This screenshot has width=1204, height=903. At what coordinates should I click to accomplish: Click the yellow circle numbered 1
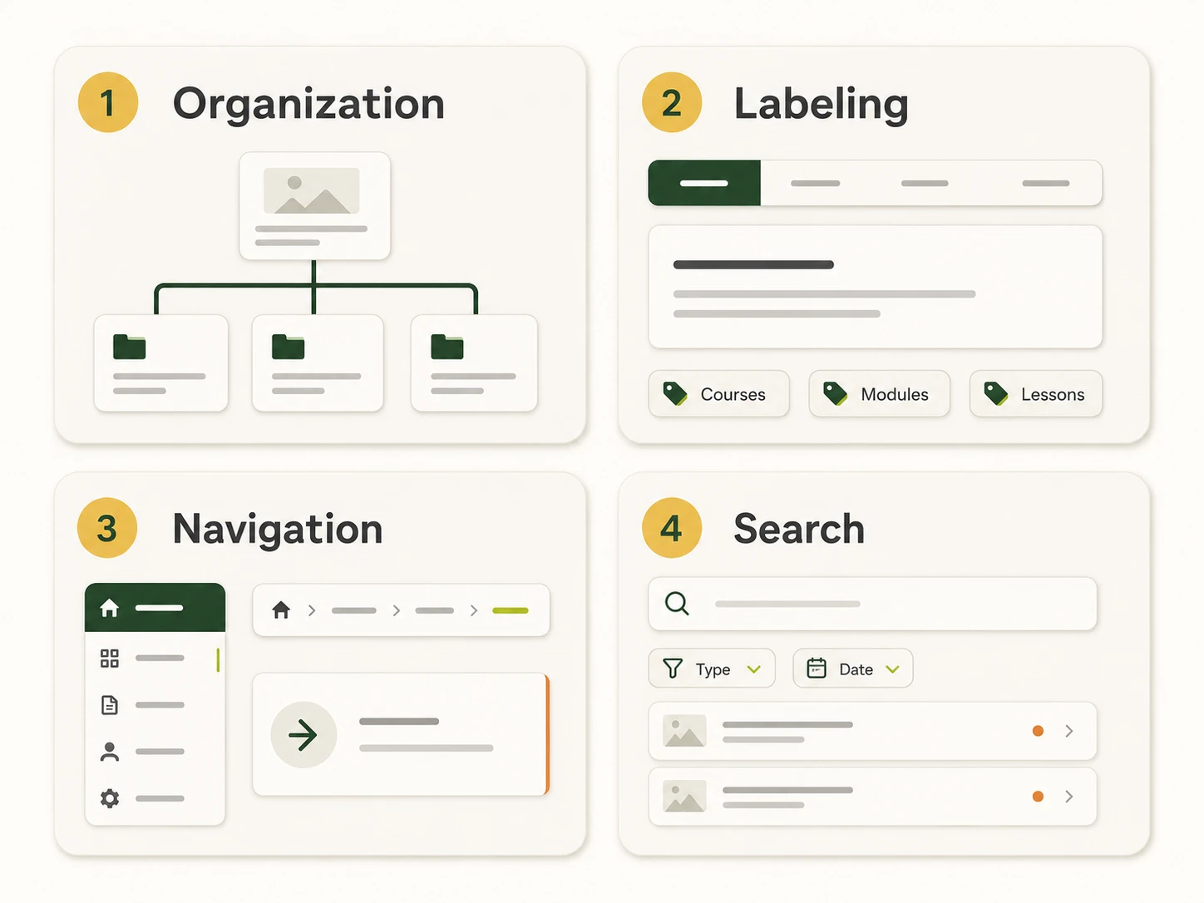tap(107, 102)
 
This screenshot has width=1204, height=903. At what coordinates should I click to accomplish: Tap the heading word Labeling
tap(821, 105)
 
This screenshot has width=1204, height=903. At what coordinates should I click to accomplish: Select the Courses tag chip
tap(718, 393)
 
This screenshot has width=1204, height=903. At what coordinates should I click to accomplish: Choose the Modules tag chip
tap(879, 393)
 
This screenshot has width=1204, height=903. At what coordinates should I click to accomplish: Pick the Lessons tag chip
tap(1036, 393)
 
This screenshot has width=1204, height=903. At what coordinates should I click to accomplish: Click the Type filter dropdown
tap(712, 669)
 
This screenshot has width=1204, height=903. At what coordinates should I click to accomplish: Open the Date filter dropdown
tap(853, 669)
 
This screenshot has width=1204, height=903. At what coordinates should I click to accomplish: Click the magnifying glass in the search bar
tap(677, 604)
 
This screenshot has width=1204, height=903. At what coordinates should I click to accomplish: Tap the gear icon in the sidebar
tap(110, 798)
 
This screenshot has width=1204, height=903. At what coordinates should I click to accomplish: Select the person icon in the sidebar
tap(110, 752)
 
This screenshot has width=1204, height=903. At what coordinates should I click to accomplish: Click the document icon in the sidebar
tap(110, 705)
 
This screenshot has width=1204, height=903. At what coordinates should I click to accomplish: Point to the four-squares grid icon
tap(110, 659)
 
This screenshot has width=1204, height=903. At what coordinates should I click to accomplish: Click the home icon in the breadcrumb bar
tap(281, 609)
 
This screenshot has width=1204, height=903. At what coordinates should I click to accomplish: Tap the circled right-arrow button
tap(303, 735)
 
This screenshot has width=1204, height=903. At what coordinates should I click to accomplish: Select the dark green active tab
tap(704, 183)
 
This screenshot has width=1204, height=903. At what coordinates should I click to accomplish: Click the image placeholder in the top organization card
tap(312, 190)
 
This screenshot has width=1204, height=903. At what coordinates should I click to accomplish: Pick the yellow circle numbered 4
tap(672, 528)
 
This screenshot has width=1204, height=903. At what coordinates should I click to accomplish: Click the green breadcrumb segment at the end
tap(511, 610)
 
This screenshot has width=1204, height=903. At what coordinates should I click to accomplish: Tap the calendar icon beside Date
tap(817, 668)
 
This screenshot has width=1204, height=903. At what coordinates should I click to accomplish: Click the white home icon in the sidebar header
tap(109, 608)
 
